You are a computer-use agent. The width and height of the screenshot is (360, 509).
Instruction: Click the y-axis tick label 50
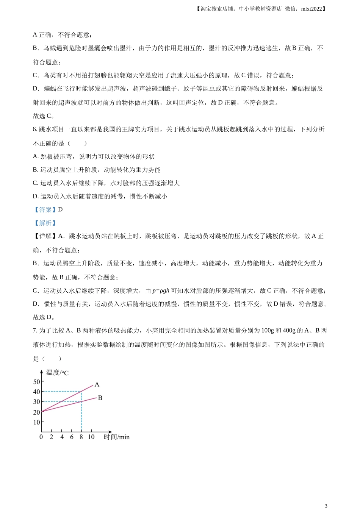click(x=37, y=382)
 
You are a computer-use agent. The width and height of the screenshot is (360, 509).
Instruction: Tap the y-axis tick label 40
click(x=37, y=392)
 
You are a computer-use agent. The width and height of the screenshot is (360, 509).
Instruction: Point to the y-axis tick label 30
click(x=37, y=402)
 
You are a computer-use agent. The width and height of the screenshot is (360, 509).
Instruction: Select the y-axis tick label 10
click(x=37, y=422)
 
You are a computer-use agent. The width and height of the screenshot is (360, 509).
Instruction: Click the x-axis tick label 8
click(x=81, y=437)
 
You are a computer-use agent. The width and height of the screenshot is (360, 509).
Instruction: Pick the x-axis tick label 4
click(x=62, y=437)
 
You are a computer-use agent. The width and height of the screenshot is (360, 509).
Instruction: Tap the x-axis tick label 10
click(x=91, y=437)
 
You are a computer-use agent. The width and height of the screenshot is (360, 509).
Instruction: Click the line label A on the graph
click(x=97, y=384)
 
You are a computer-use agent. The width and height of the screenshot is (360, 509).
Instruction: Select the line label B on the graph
click(x=100, y=398)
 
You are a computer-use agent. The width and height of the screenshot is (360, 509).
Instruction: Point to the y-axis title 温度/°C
click(x=57, y=373)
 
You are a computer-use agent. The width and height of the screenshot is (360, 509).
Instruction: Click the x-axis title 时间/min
click(x=117, y=437)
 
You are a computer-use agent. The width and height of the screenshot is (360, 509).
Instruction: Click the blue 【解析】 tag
click(x=45, y=223)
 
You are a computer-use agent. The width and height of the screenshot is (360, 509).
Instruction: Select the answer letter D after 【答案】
click(x=60, y=209)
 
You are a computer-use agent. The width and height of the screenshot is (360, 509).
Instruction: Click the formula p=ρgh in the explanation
click(x=161, y=291)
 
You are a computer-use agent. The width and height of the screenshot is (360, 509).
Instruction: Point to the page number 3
click(x=326, y=505)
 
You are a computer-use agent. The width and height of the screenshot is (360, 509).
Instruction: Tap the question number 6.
click(x=34, y=130)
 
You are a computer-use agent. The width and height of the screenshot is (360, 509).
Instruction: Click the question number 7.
click(x=34, y=331)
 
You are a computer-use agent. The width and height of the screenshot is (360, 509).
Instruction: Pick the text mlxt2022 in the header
click(x=311, y=9)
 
